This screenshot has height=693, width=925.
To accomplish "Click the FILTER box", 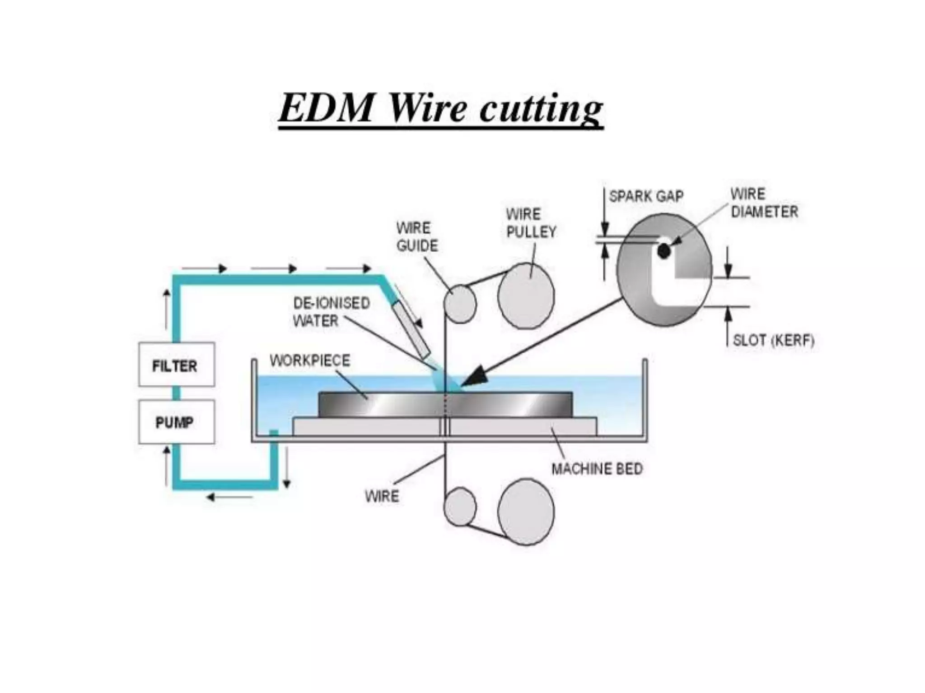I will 176,365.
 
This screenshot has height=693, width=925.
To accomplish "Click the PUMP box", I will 176,422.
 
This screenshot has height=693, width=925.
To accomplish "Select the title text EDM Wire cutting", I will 440,109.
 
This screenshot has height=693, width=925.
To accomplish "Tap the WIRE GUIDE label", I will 416,236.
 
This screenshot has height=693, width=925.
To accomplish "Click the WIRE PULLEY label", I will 531,222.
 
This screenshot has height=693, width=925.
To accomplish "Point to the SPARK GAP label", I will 646,196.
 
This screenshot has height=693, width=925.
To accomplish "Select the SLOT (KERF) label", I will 773,340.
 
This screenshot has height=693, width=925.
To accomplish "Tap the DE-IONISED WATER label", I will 331,311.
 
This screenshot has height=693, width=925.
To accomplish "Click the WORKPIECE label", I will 310,360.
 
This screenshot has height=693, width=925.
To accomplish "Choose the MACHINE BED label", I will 597,469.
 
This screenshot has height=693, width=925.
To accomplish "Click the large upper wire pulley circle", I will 526,296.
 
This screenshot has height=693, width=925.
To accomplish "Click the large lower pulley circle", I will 526,512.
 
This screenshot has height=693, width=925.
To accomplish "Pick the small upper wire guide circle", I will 459,304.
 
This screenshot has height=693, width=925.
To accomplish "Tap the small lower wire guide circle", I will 459,506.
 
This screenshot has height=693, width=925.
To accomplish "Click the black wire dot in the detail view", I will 663,251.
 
